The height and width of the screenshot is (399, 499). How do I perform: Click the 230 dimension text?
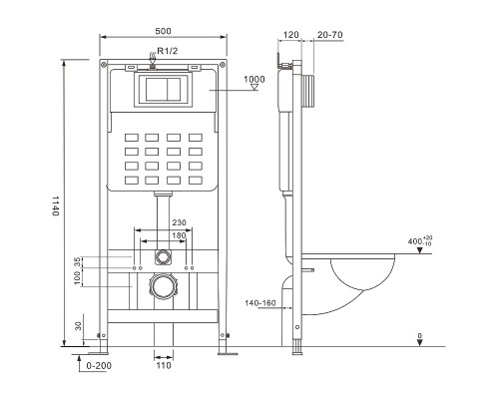[179, 222]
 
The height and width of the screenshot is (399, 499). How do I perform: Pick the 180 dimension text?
[179, 235]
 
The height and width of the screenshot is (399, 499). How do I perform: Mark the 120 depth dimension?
[291, 32]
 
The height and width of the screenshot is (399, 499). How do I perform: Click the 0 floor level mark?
[419, 336]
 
